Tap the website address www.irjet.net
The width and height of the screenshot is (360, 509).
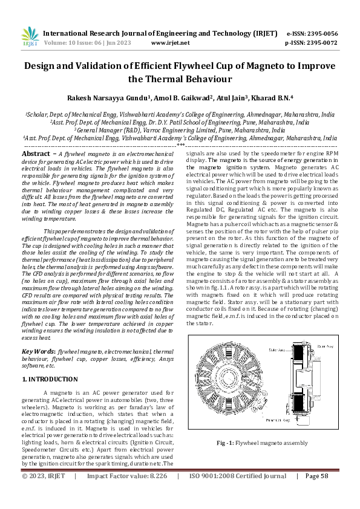point(170,43)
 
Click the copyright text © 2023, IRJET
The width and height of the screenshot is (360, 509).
point(43,476)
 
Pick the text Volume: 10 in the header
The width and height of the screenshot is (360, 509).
point(61,43)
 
